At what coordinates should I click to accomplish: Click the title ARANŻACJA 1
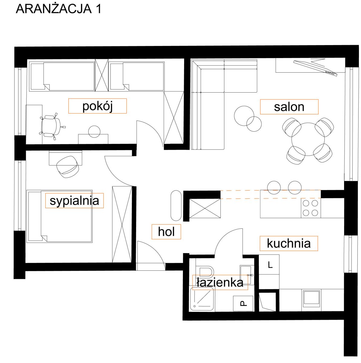pyautogui.click(x=58, y=9)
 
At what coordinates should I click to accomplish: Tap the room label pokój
pyautogui.click(x=97, y=106)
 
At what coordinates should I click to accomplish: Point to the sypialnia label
pyautogui.click(x=74, y=201)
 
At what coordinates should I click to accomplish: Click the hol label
pyautogui.click(x=166, y=231)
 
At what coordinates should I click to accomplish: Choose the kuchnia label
pyautogui.click(x=288, y=244)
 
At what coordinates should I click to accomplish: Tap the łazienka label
pyautogui.click(x=220, y=283)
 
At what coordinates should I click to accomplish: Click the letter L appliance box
pyautogui.click(x=269, y=265)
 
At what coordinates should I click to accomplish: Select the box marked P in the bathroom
pyautogui.click(x=243, y=304)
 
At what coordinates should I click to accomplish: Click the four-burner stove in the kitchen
pyautogui.click(x=311, y=208)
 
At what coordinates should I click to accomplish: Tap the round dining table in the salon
pyautogui.click(x=308, y=139)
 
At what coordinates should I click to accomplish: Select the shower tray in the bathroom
pyautogui.click(x=202, y=299)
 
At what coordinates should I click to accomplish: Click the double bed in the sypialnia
pyautogui.click(x=60, y=216)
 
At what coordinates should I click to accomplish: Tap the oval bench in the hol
pyautogui.click(x=176, y=205)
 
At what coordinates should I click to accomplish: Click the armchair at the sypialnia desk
pyautogui.click(x=67, y=167)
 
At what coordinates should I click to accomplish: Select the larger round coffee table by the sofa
pyautogui.click(x=244, y=116)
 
